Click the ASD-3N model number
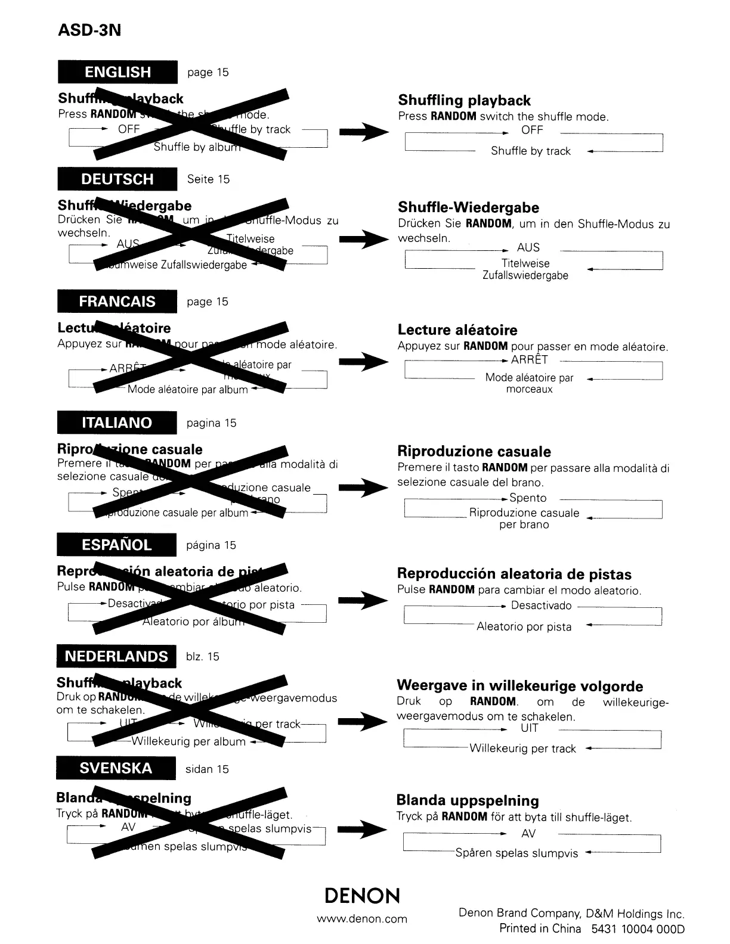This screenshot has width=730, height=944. [x=89, y=30]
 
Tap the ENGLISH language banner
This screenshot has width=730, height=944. [x=117, y=72]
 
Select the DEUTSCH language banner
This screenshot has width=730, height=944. [x=117, y=179]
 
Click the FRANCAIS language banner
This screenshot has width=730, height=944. [x=117, y=301]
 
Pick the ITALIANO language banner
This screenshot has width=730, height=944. [x=117, y=423]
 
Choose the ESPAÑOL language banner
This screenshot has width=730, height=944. [x=117, y=545]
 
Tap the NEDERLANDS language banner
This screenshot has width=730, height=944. [x=116, y=656]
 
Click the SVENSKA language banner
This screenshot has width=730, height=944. [x=116, y=768]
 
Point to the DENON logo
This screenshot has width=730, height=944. [x=362, y=896]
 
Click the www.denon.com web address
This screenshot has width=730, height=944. [x=362, y=918]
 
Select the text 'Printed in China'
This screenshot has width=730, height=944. [x=540, y=929]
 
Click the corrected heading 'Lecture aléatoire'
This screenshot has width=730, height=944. [x=457, y=330]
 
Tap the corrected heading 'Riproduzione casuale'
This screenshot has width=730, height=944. [x=474, y=452]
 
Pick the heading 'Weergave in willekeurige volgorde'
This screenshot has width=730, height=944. [x=519, y=686]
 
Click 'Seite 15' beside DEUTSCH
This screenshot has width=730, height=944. [x=208, y=179]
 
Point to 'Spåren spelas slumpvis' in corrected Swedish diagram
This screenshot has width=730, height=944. [x=516, y=853]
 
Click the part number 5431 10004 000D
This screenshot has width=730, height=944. [x=638, y=929]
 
